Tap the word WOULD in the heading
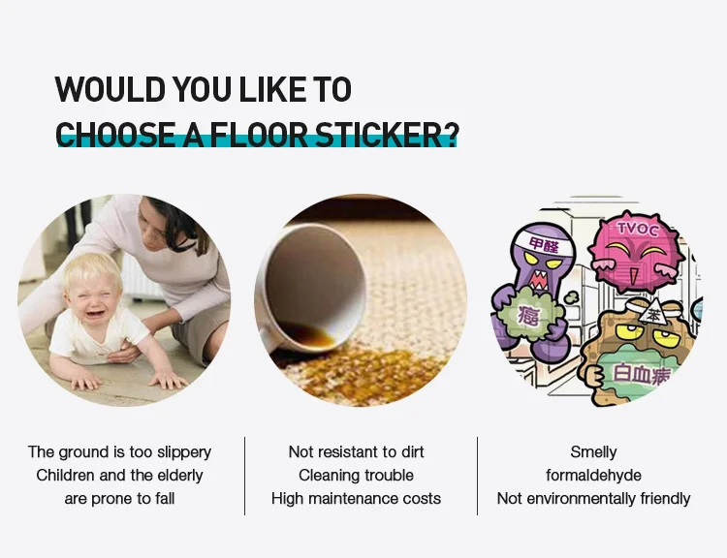click(x=110, y=89)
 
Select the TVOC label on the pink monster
click(x=638, y=229)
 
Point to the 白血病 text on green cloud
click(x=642, y=374)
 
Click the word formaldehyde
click(x=593, y=475)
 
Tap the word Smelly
click(x=593, y=451)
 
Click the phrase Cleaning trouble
click(x=356, y=475)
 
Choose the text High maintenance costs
click(x=356, y=498)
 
